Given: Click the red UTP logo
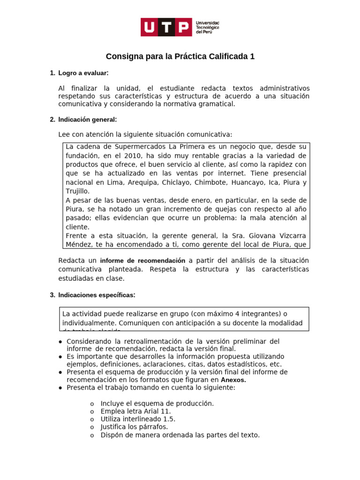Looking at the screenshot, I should tap(166, 27).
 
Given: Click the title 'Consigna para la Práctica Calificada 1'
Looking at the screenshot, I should tap(180, 57).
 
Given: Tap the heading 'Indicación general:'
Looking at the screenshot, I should tap(87, 120).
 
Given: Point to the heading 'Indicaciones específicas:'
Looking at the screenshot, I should tap(97, 295).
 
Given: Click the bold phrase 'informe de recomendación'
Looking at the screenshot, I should tap(142, 261).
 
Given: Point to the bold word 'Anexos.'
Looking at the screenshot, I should tap(233, 380).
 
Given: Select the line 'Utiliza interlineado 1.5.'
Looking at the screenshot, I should tap(138, 419).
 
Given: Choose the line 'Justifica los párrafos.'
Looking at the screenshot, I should tap(134, 427).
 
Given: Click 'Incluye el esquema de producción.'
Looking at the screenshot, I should tap(157, 404).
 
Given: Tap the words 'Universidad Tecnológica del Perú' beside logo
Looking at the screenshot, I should tap(207, 27).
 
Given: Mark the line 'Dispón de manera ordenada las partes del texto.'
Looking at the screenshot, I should tap(180, 435).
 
